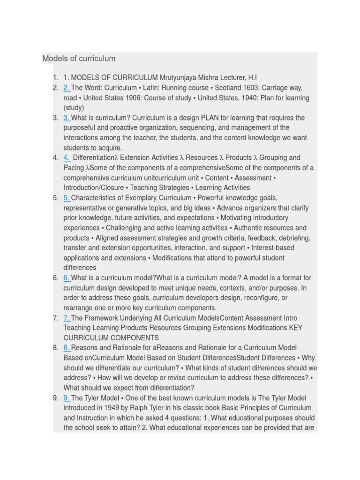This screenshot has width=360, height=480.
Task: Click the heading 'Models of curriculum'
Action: (x=79, y=59)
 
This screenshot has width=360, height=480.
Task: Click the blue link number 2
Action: (x=66, y=88)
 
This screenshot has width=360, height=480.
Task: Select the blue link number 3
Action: (x=66, y=118)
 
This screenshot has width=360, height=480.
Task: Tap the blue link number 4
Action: (x=66, y=157)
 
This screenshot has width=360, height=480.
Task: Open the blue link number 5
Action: (x=66, y=198)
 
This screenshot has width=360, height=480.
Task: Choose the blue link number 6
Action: (x=66, y=278)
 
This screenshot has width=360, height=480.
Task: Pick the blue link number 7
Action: (x=66, y=318)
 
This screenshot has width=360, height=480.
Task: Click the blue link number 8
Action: (x=66, y=348)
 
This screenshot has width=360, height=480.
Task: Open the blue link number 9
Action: (x=66, y=398)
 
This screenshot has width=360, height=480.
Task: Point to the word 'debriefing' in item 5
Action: (x=294, y=238)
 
